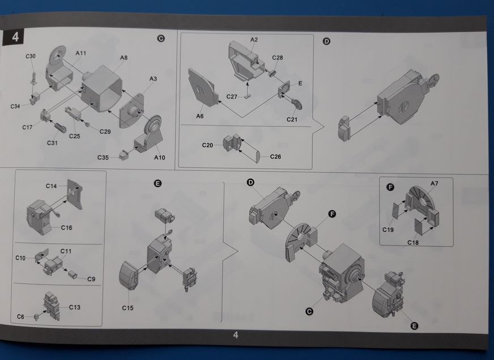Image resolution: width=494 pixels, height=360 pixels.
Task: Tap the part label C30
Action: point(31,56)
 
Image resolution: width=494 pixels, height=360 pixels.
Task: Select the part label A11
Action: point(81,53)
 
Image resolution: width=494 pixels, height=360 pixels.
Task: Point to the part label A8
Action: point(123,58)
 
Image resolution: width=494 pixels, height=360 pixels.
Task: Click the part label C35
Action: point(103,157)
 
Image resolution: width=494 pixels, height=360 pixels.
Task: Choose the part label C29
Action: point(105,132)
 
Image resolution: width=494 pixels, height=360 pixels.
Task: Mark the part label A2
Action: point(254,39)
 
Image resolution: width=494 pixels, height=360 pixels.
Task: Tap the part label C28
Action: point(278,58)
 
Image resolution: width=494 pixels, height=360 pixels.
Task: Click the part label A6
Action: point(200,116)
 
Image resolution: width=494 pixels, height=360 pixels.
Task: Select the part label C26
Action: point(276,156)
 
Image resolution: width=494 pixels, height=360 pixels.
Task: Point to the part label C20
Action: point(207,146)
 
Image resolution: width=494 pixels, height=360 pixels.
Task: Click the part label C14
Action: point(52,185)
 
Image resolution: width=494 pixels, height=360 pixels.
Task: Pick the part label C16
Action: point(66,227)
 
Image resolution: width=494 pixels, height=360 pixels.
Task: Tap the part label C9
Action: point(91,278)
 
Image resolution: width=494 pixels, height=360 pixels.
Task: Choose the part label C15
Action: point(127,308)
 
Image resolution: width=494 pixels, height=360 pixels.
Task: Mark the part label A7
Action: point(435,183)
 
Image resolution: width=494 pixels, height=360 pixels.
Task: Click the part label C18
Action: point(412,242)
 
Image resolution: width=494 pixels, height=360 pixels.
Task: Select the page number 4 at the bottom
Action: point(236,334)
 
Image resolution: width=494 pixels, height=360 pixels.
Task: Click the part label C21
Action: point(292,119)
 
